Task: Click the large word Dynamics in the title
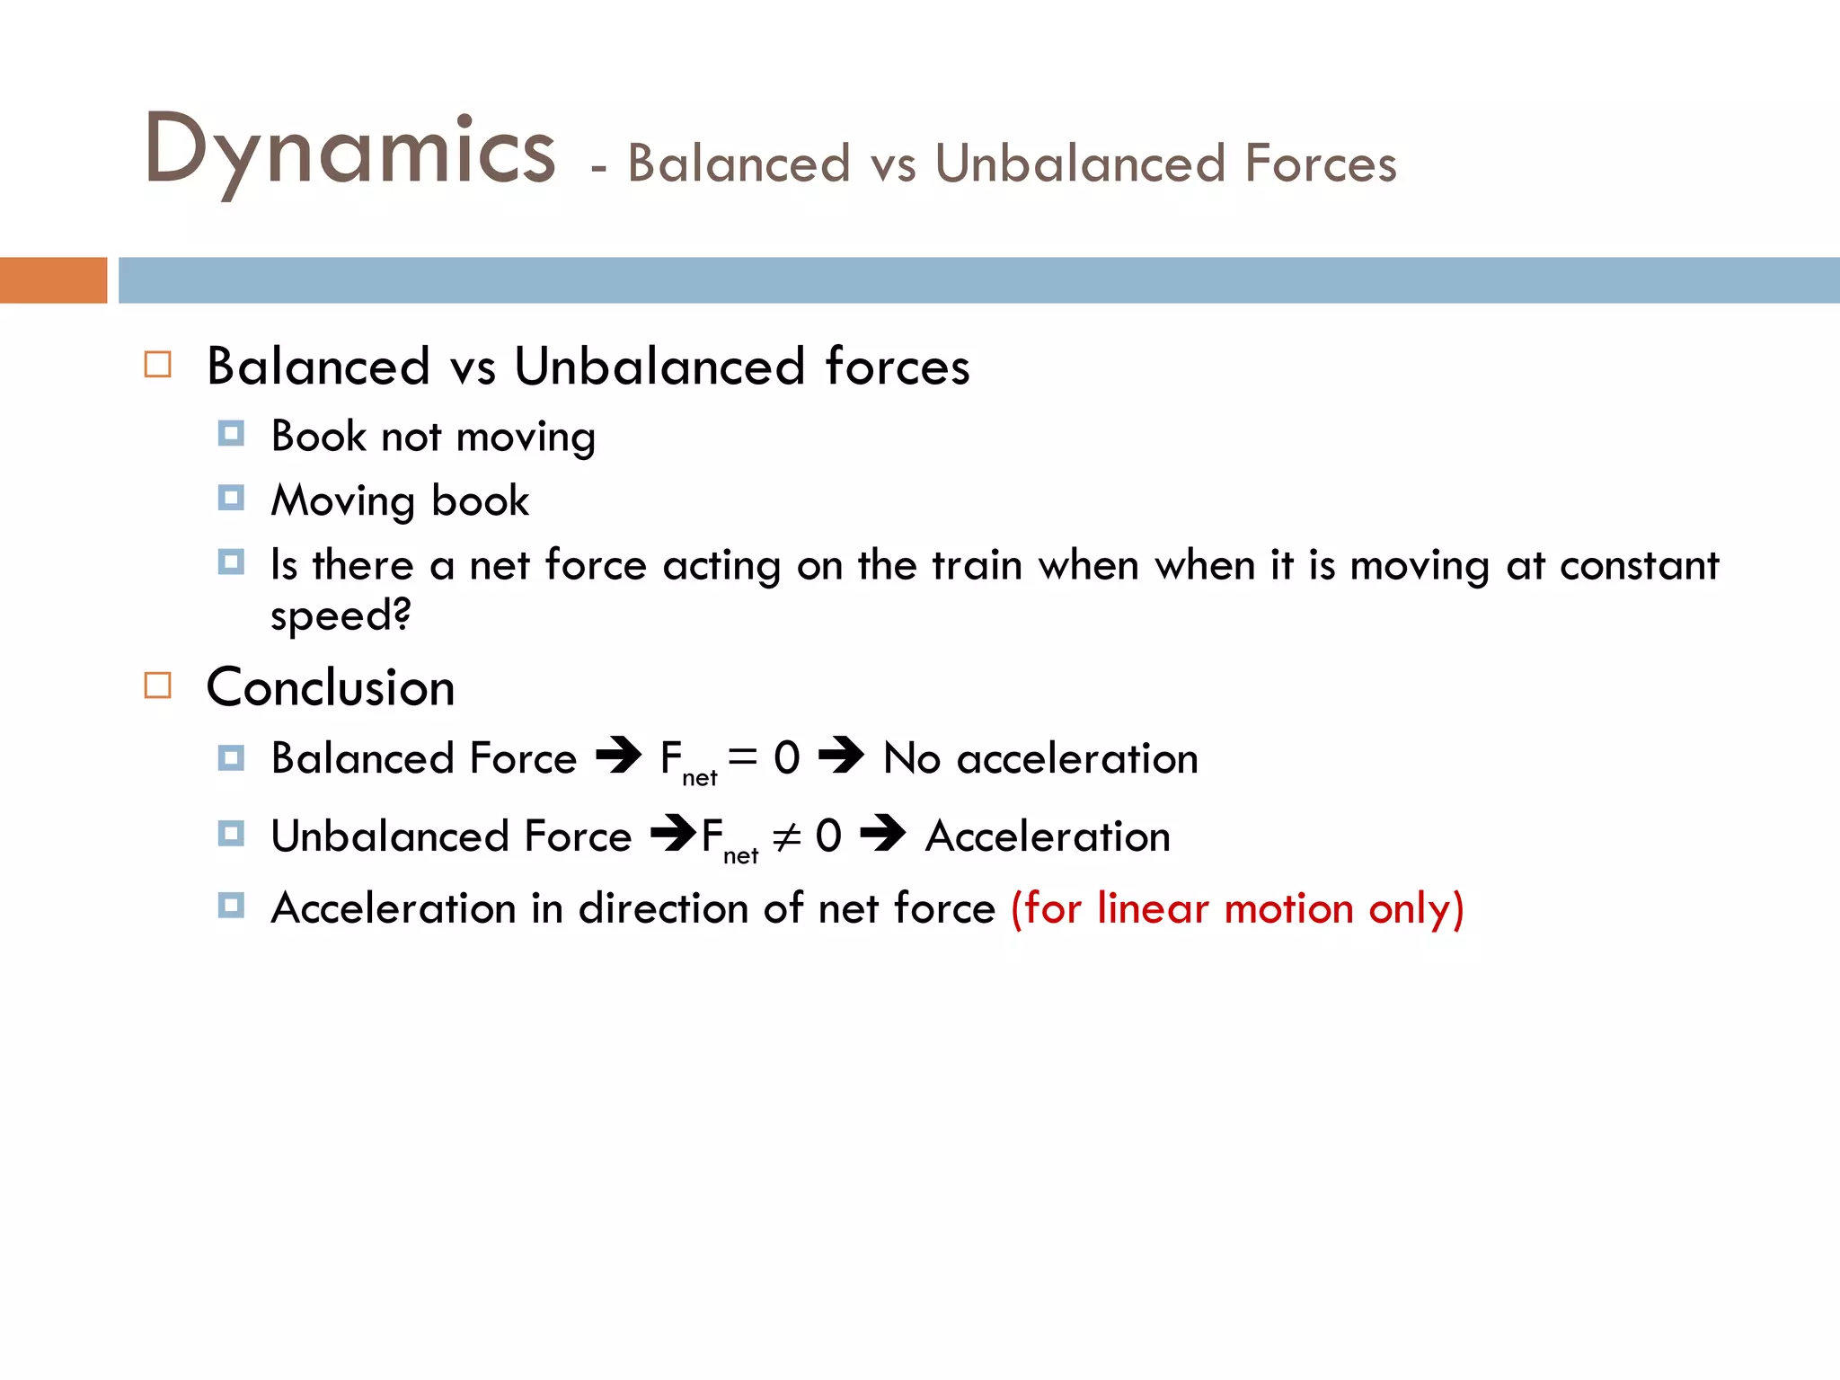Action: click(350, 151)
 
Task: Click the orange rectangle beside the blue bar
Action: click(53, 280)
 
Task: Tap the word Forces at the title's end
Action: click(1320, 164)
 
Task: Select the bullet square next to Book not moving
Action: click(231, 435)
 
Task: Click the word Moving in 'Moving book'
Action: click(342, 501)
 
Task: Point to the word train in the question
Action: click(977, 566)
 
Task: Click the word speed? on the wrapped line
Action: click(341, 616)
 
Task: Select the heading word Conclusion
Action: click(331, 688)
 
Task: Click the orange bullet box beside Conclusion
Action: click(158, 686)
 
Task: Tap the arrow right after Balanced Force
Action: click(619, 756)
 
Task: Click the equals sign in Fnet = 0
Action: click(743, 756)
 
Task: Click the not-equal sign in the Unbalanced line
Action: click(786, 837)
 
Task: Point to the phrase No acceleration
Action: click(1040, 758)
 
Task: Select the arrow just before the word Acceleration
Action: click(883, 834)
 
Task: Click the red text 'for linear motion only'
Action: click(1237, 908)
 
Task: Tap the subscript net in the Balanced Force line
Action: click(699, 778)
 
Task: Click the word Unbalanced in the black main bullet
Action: click(659, 367)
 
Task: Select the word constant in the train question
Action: click(1639, 566)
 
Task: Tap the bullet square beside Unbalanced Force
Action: click(231, 834)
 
